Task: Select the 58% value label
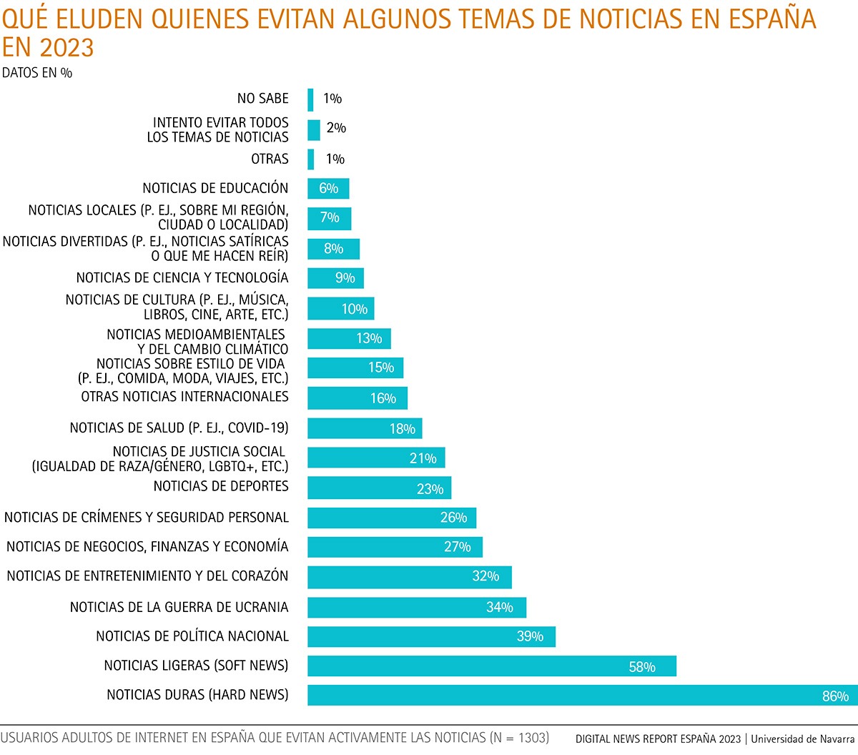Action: (x=642, y=667)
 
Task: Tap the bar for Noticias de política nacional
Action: (x=431, y=636)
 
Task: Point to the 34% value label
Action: (x=500, y=607)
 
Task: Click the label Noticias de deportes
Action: (x=221, y=486)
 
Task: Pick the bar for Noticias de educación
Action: (x=328, y=188)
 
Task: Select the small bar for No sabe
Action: (x=310, y=99)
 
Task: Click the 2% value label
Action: (x=336, y=128)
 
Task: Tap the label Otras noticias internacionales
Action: (x=184, y=397)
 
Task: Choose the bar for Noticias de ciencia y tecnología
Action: (x=335, y=277)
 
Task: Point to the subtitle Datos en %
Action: (x=37, y=73)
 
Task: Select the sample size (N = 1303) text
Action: (x=519, y=737)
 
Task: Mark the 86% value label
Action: (x=834, y=696)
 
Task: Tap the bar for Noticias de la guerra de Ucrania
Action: (x=417, y=607)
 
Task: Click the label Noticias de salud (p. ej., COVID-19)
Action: (x=179, y=428)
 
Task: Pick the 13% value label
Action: (x=369, y=338)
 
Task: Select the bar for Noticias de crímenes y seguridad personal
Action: (x=392, y=518)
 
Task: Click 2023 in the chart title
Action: (x=67, y=48)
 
